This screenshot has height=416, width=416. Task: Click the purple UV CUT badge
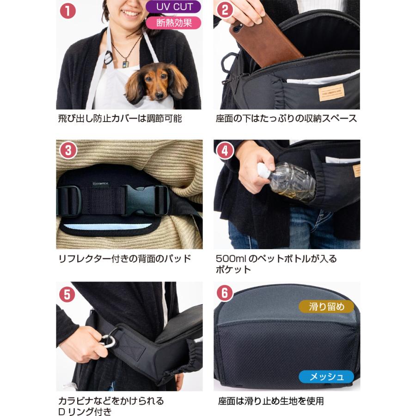pos(173,6)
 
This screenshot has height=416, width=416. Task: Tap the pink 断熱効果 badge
pos(173,23)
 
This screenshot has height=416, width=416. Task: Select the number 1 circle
pos(67,11)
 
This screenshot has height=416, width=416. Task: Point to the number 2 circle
pos(225,10)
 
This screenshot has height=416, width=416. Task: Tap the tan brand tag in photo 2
pos(331,92)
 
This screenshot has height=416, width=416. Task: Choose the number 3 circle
pos(68,151)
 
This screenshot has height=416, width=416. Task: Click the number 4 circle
pos(225,151)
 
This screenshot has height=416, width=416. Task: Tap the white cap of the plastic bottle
pos(263,170)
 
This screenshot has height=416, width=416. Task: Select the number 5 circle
pos(67,294)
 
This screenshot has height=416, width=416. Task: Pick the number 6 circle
pos(225,293)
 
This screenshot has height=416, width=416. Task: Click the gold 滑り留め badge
pos(326,307)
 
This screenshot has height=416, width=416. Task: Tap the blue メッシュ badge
pos(326,376)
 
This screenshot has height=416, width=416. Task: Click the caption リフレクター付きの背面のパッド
pos(124,258)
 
